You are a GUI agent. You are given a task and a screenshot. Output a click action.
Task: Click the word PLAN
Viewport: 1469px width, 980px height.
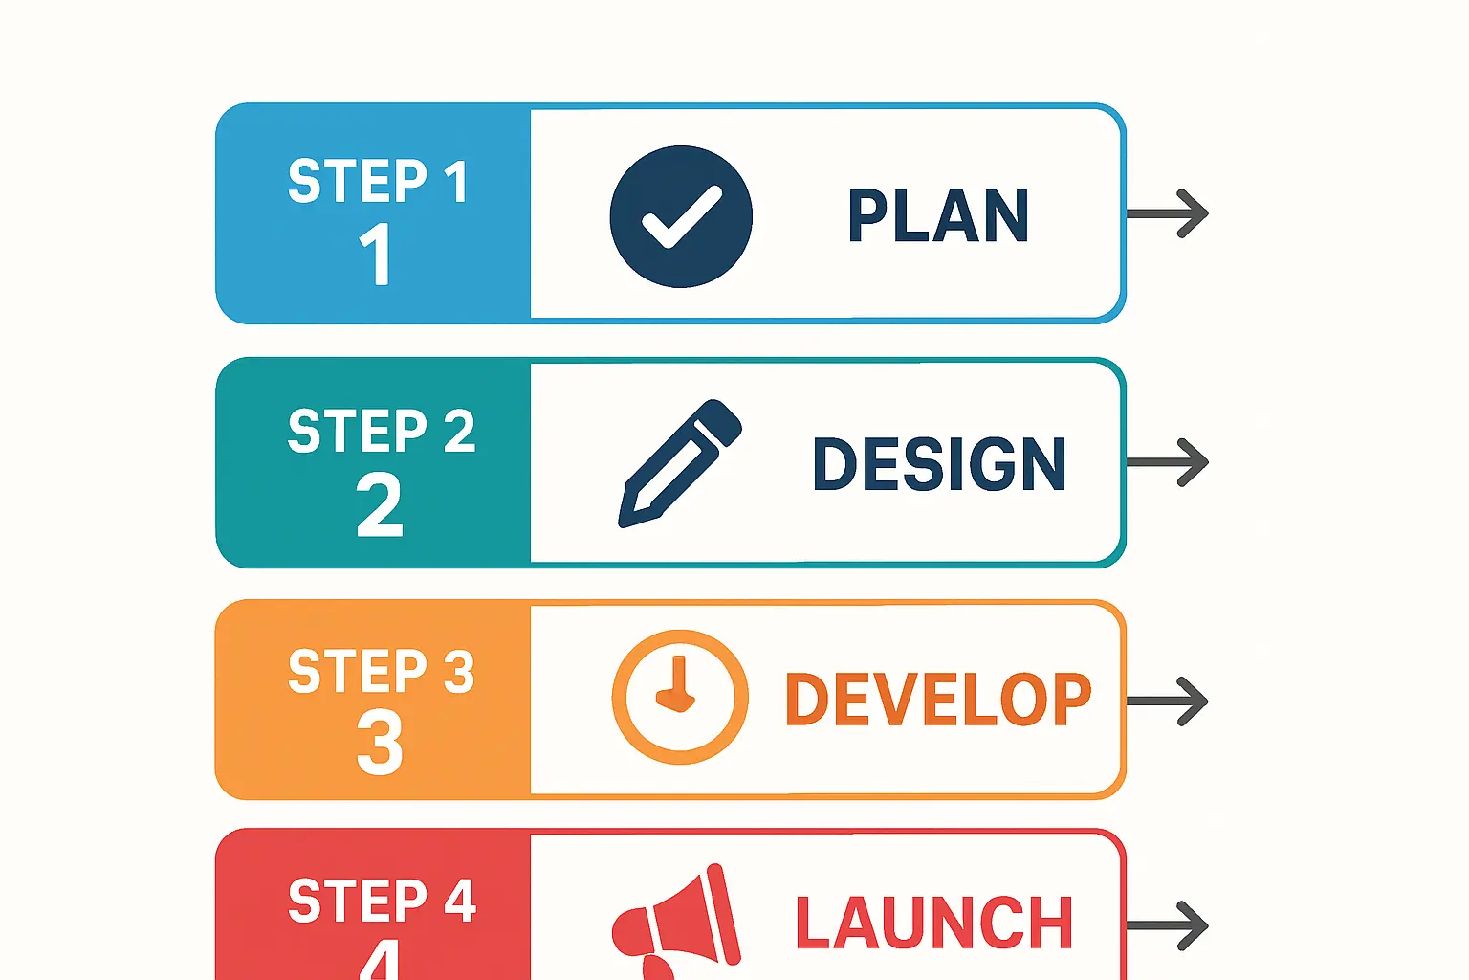click(938, 215)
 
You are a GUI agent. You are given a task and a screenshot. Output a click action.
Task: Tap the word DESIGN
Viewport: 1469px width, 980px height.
click(939, 464)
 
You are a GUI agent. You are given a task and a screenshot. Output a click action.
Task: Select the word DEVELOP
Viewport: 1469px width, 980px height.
click(937, 700)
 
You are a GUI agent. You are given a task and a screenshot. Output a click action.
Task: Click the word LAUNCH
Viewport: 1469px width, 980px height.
click(934, 924)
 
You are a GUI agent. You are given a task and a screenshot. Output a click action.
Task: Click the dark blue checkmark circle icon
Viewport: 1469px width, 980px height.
click(681, 216)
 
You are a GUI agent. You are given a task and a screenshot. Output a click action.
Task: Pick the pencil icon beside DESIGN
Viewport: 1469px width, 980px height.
click(680, 463)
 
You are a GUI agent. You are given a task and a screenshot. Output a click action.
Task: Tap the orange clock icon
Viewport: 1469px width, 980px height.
click(680, 697)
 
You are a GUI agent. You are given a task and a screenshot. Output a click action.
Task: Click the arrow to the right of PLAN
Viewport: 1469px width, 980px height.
click(1169, 213)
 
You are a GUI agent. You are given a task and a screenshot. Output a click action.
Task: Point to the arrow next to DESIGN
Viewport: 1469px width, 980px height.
click(1169, 462)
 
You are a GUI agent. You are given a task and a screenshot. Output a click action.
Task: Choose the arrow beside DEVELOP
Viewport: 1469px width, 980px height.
click(1169, 702)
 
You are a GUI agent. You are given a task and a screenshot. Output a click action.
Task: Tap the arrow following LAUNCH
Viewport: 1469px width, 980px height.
click(1169, 925)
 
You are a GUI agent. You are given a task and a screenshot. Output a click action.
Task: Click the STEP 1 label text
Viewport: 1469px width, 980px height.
click(379, 181)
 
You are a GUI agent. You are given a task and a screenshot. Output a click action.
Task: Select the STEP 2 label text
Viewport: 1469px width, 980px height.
click(381, 431)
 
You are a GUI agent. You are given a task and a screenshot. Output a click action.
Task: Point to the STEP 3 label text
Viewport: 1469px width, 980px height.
click(381, 671)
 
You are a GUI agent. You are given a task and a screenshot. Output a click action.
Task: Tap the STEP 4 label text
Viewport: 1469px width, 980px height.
click(382, 901)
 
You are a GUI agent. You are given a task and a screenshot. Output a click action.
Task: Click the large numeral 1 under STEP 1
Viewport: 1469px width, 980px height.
click(376, 254)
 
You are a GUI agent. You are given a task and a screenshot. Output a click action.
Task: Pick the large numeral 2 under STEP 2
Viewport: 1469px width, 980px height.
click(380, 504)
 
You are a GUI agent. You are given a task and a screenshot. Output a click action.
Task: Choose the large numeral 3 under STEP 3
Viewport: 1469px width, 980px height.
click(380, 742)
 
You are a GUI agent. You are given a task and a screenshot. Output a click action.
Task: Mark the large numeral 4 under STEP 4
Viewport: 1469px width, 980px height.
click(381, 959)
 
